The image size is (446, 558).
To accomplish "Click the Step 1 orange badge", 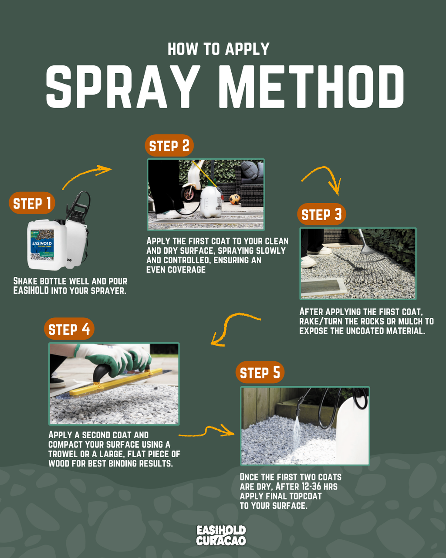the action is click(32, 203).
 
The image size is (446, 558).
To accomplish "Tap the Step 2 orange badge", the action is click(169, 146).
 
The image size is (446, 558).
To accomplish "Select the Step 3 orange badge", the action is click(321, 214).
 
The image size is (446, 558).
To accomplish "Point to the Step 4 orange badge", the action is click(69, 329).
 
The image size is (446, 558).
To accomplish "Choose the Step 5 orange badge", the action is click(260, 372).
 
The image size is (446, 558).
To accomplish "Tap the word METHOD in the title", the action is click(311, 86).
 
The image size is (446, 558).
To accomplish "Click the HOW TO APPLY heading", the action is click(219, 49).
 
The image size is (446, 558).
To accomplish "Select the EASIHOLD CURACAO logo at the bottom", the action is click(221, 535).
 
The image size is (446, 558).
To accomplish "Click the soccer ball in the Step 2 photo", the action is click(235, 199).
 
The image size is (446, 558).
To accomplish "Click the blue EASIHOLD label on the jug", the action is click(42, 245).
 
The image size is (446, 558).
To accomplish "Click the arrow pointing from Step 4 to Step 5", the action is click(207, 432).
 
